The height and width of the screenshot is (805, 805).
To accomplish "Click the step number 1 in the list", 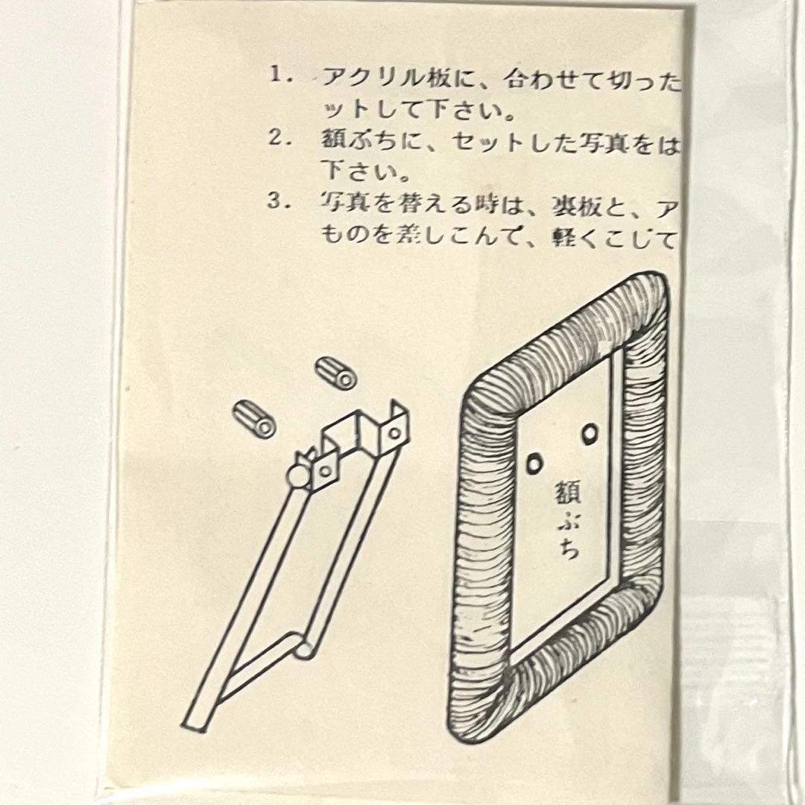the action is coord(277,75).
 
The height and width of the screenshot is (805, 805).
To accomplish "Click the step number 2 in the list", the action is coord(277,139).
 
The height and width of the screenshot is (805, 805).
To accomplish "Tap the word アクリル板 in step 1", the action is coord(385,78).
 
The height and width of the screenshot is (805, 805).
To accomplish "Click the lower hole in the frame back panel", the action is coord(534,464).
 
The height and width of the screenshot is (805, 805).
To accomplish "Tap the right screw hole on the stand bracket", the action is coord(394,433).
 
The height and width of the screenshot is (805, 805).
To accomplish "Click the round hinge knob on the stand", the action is coord(297,477).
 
